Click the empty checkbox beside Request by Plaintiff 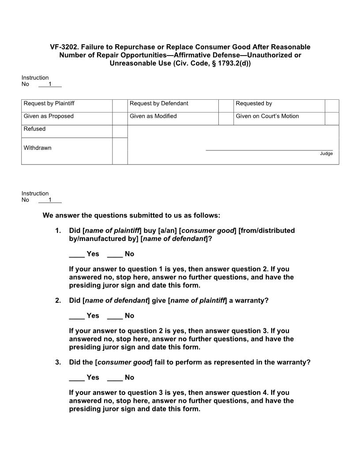[120, 106]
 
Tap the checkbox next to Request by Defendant [225, 106]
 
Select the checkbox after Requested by [332, 106]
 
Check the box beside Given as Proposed [120, 119]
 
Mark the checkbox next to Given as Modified [225, 119]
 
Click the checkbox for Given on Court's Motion [332, 119]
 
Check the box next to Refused [120, 132]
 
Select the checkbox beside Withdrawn [120, 151]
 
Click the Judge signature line [269, 150]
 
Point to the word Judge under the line [326, 154]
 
